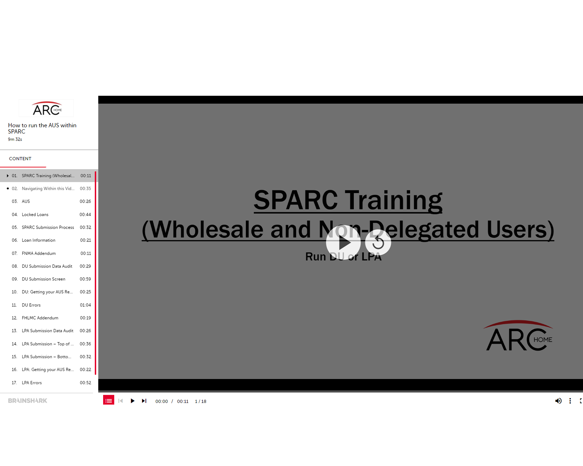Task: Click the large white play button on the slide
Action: [x=343, y=243]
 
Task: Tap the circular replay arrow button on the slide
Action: [x=378, y=243]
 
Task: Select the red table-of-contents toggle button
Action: [x=109, y=400]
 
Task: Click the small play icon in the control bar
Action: [x=132, y=401]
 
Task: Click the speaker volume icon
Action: [x=558, y=401]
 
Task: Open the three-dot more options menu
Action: [x=570, y=401]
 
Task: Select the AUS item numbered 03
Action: [x=26, y=201]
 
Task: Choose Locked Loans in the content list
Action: [x=35, y=214]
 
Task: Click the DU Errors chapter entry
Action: [x=31, y=305]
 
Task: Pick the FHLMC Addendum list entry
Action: [x=40, y=318]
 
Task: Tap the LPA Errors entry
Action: [x=32, y=383]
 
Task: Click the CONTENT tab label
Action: [x=20, y=159]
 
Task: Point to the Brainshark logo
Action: [x=27, y=400]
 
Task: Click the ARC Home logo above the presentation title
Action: [x=47, y=108]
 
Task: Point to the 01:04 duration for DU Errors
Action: [x=85, y=305]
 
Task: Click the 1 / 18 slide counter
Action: [x=201, y=401]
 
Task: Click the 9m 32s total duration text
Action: [x=15, y=139]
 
